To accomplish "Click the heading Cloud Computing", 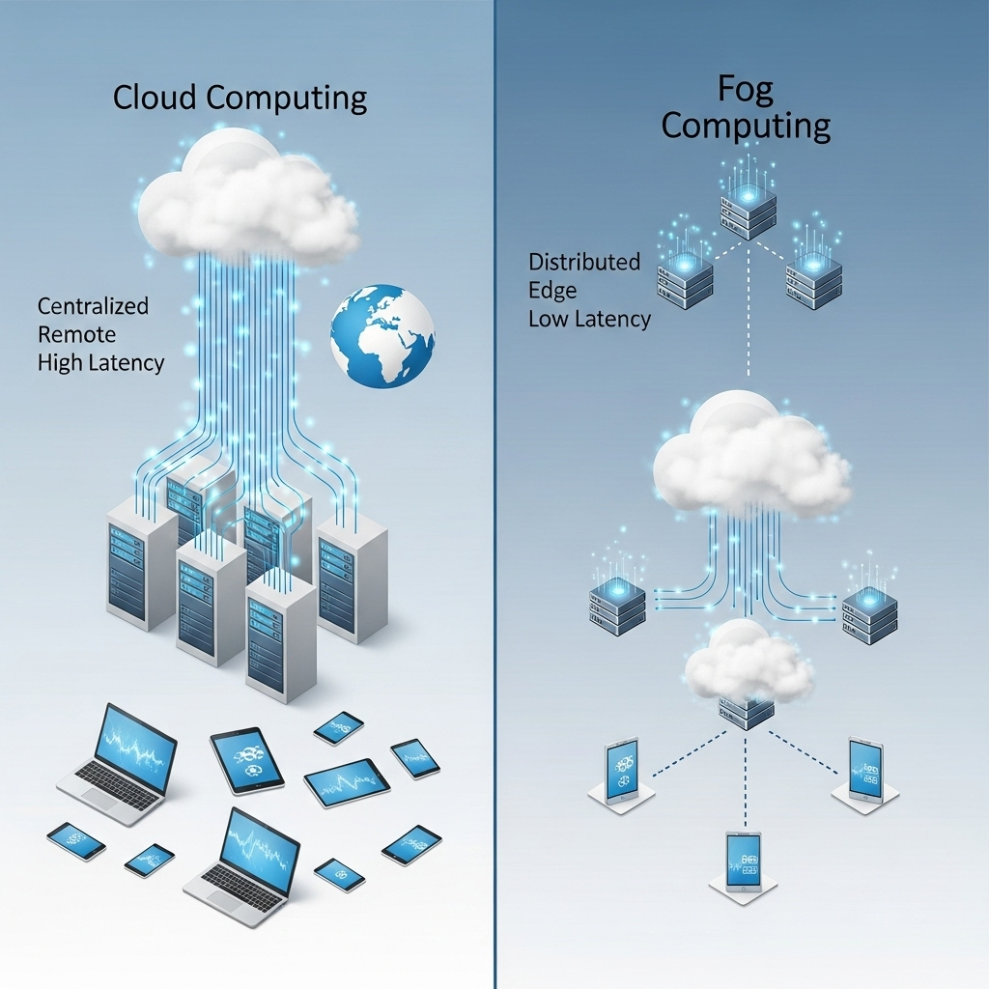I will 240,98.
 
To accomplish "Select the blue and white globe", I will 382,335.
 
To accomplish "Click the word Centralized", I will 93,306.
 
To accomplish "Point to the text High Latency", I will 100,363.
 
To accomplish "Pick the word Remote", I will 76,334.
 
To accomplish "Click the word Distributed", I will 584,262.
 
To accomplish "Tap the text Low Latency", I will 589,318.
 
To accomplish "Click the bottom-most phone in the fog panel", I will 744,862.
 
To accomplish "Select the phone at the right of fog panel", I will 865,769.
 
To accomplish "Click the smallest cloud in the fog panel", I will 749,664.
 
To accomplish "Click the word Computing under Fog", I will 745,126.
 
